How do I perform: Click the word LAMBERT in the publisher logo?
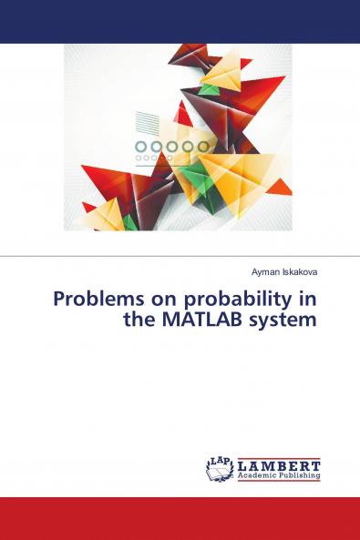click(279, 464)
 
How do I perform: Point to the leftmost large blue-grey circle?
click(141, 147)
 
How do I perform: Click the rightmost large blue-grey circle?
click(202, 147)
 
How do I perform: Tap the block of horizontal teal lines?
click(147, 123)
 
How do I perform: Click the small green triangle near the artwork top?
click(211, 88)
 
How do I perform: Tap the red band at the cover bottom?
click(180, 518)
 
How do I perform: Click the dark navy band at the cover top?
click(180, 21)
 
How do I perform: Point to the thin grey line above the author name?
click(180, 256)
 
